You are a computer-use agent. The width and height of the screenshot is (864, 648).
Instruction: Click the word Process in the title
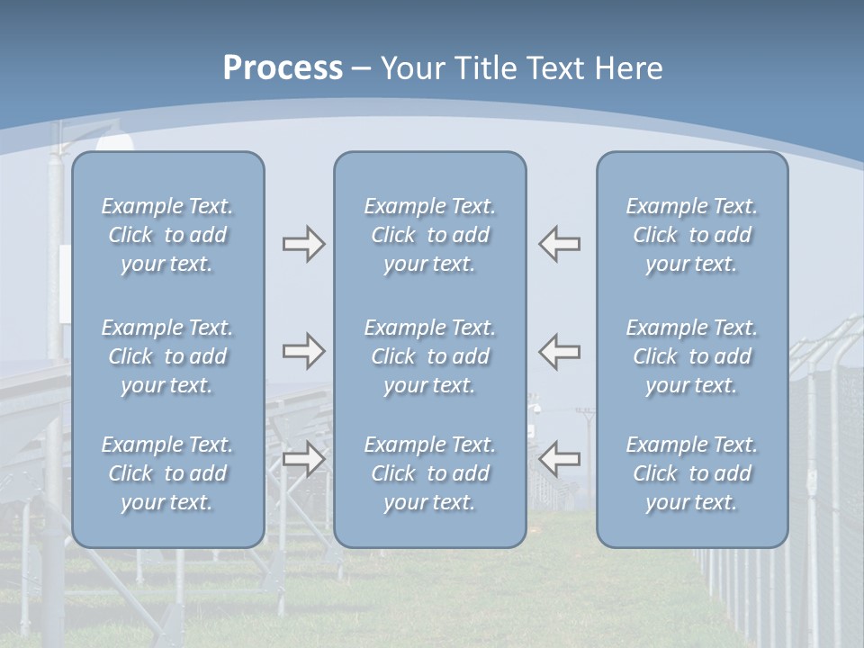[x=283, y=68]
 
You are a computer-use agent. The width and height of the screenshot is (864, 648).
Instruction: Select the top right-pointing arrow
[x=303, y=244]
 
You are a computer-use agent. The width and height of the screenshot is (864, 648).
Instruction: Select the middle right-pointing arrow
[x=303, y=351]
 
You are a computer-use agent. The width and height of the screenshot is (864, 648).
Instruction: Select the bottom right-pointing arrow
[x=303, y=459]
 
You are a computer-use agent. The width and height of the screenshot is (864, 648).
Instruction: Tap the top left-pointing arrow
[x=559, y=244]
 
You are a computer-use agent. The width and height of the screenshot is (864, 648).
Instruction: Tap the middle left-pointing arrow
[x=559, y=351]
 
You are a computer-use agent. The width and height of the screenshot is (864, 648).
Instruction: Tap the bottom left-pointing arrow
[x=559, y=459]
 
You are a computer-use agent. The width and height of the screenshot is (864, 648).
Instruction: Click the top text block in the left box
[x=167, y=235]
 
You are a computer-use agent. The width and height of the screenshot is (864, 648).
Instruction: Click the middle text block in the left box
[x=167, y=356]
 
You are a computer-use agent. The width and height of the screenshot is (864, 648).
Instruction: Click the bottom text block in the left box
[x=167, y=473]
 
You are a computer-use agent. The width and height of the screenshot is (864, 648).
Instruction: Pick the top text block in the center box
[x=430, y=235]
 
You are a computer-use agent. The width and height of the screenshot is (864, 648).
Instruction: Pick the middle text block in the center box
[x=430, y=356]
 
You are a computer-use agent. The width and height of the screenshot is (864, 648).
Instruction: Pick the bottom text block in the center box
[x=430, y=473]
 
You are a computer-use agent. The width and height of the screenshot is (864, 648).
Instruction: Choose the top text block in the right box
[x=692, y=235]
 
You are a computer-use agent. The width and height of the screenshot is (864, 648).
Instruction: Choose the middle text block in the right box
[x=692, y=356]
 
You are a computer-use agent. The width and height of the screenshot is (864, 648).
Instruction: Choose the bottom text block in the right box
[x=692, y=473]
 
